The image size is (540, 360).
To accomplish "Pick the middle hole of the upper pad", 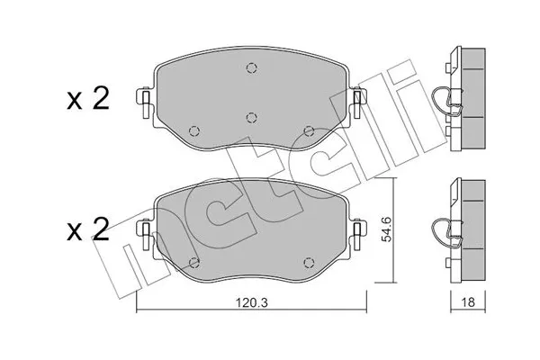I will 253,115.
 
